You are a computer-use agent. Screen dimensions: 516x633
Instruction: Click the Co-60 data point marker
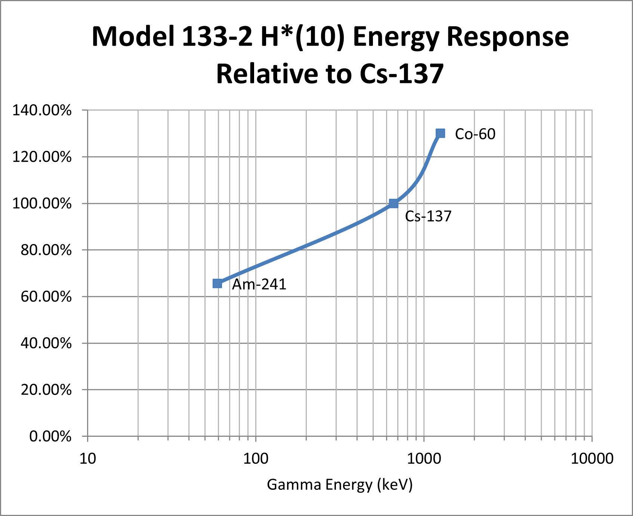(440, 133)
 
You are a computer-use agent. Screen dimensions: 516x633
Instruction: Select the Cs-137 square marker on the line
(393, 203)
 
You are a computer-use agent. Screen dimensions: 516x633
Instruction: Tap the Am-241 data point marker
(217, 284)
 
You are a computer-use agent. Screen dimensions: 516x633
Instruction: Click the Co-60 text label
(475, 134)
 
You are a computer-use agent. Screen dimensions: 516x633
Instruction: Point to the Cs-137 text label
(428, 216)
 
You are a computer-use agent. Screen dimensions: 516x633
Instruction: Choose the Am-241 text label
(259, 285)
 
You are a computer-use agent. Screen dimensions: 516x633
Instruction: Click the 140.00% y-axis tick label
(42, 111)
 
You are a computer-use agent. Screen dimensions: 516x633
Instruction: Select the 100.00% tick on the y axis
(42, 204)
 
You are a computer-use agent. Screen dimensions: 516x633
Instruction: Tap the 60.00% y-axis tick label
(46, 297)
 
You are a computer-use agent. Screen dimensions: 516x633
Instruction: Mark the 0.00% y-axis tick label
(50, 436)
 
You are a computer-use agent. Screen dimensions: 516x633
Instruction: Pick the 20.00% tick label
(46, 390)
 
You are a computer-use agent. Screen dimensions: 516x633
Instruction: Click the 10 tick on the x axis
(88, 458)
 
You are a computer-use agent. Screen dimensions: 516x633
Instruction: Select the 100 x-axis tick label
(256, 458)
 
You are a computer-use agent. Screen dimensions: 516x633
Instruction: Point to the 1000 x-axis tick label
(424, 458)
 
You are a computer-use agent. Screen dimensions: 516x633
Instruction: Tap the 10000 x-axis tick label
(592, 458)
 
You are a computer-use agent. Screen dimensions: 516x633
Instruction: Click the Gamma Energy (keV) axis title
(340, 485)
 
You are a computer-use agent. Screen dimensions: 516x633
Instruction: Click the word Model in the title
(133, 37)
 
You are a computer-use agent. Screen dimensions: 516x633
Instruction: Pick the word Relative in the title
(266, 74)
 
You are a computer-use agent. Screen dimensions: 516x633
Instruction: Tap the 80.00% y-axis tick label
(46, 250)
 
